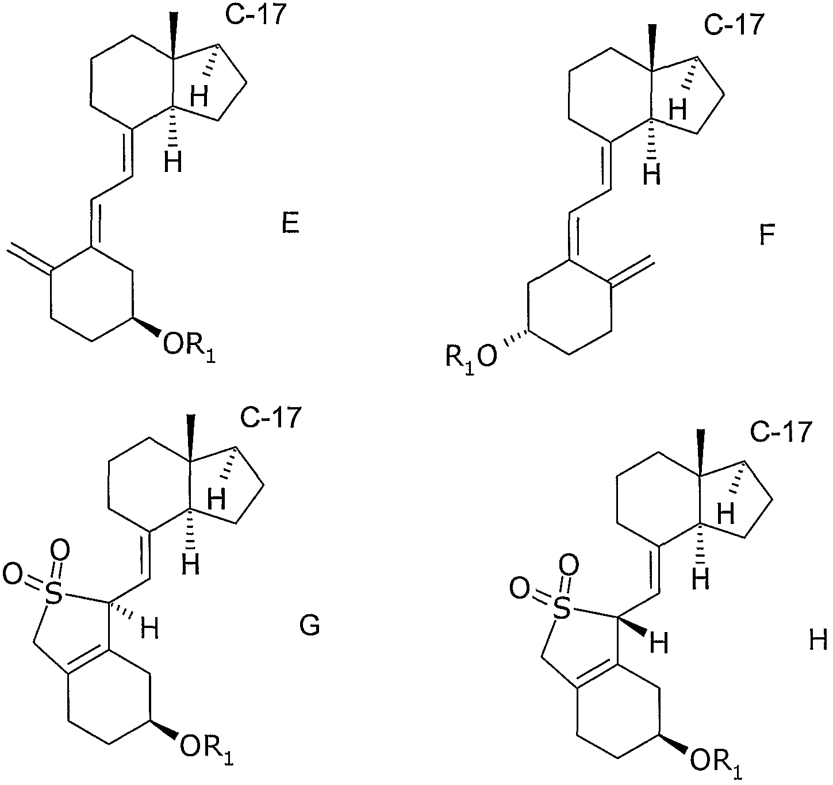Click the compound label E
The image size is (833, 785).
290,224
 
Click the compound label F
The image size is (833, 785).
767,235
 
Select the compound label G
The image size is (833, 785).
309,626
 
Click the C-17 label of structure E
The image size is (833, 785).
254,16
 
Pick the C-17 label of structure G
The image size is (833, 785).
270,418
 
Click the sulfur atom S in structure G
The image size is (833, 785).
53,595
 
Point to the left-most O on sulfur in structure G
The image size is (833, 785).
13,574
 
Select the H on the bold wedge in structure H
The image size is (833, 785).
659,644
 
